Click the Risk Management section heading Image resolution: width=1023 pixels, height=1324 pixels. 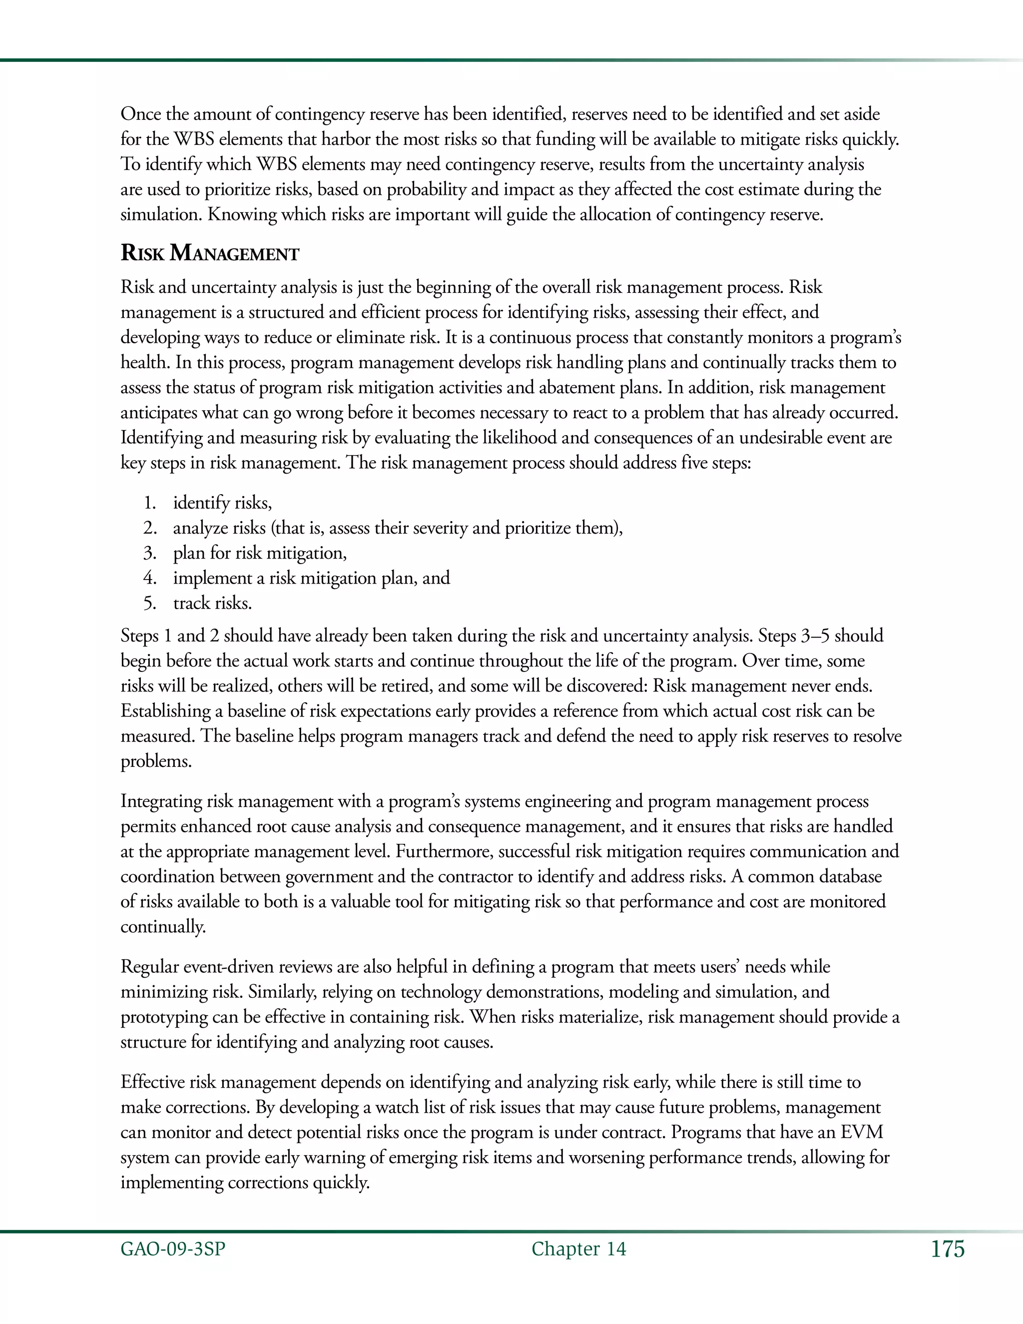click(210, 253)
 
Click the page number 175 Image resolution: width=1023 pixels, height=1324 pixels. click(947, 1250)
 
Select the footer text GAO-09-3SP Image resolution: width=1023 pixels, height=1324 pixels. click(173, 1250)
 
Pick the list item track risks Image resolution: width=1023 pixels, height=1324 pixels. click(212, 603)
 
